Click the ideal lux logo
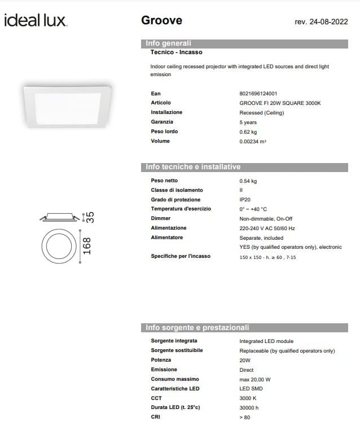pos(36,21)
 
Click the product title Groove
pos(161,20)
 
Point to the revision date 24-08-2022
pos(321,22)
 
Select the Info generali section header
pos(169,43)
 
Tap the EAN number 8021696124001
pos(258,94)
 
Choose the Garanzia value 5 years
pos(248,122)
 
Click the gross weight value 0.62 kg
pos(248,131)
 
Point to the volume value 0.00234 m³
pos(253,141)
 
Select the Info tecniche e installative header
pos(193,167)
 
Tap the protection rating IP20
pos(245,200)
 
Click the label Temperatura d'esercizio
pos(181,209)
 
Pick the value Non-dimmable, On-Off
pos(266,218)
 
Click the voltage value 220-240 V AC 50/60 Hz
pos(267,228)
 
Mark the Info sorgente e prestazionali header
pos(197,328)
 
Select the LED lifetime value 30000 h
pos(249,408)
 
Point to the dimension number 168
pos(87,247)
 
